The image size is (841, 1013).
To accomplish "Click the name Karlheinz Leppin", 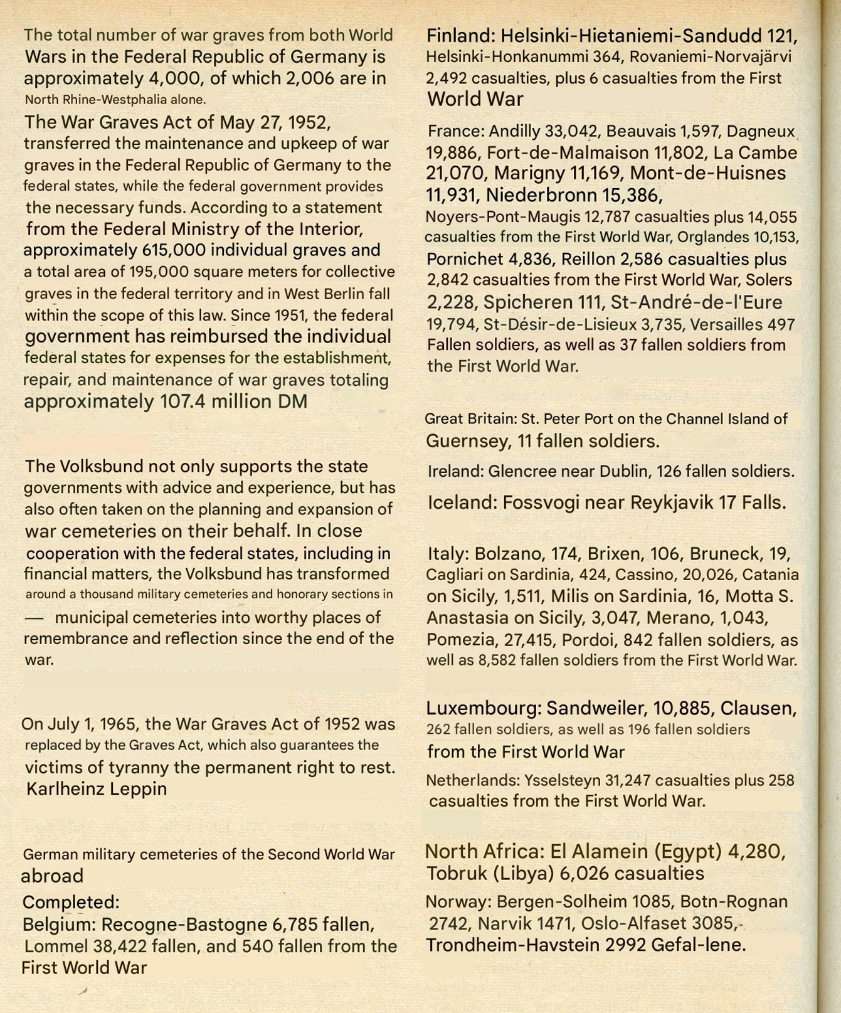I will pyautogui.click(x=97, y=788).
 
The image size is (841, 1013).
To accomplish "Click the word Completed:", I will pyautogui.click(x=71, y=903).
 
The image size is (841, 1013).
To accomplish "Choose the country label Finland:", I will pyautogui.click(x=461, y=35).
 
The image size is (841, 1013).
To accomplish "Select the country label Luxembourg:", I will pyautogui.click(x=484, y=708).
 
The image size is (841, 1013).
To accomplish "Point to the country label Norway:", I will pyautogui.click(x=458, y=902).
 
